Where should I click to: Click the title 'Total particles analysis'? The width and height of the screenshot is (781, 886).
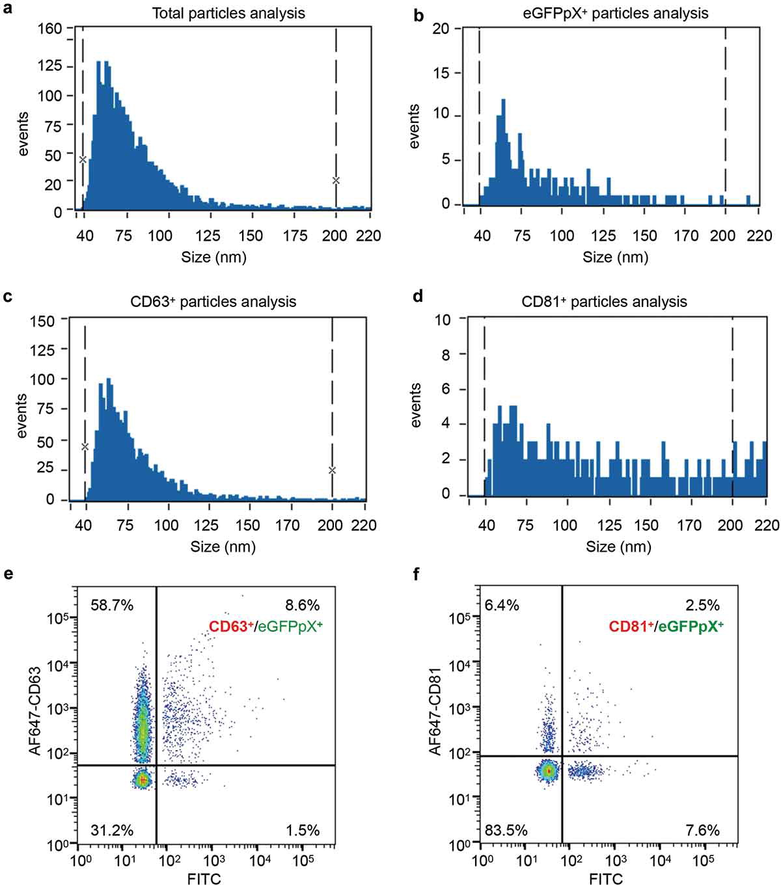[x=228, y=13]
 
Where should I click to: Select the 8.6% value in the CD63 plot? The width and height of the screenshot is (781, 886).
[x=303, y=606]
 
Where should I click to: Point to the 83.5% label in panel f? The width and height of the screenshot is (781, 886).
[x=506, y=830]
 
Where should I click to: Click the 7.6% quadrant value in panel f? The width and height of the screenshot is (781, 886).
[x=702, y=830]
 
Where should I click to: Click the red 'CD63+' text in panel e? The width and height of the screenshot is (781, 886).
[x=231, y=627]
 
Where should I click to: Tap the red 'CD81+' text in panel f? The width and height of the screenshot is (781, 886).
[x=632, y=627]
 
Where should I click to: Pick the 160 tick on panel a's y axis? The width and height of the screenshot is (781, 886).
[x=50, y=28]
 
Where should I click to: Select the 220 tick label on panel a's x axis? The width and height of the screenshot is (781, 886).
[x=368, y=235]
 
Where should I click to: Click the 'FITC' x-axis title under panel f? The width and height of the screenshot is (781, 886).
[x=606, y=879]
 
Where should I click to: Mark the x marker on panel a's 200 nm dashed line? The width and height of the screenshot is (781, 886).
[x=336, y=180]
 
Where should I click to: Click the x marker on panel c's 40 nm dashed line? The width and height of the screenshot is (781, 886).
[x=85, y=446]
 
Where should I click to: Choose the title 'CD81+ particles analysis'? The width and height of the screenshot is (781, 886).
[x=604, y=302]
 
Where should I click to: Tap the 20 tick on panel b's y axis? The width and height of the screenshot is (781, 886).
[x=441, y=28]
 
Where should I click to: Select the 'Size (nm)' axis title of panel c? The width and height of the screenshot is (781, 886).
[x=223, y=547]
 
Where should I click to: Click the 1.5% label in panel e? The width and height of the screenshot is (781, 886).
[x=303, y=830]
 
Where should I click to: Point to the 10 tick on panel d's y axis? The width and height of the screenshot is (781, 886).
[x=443, y=319]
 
